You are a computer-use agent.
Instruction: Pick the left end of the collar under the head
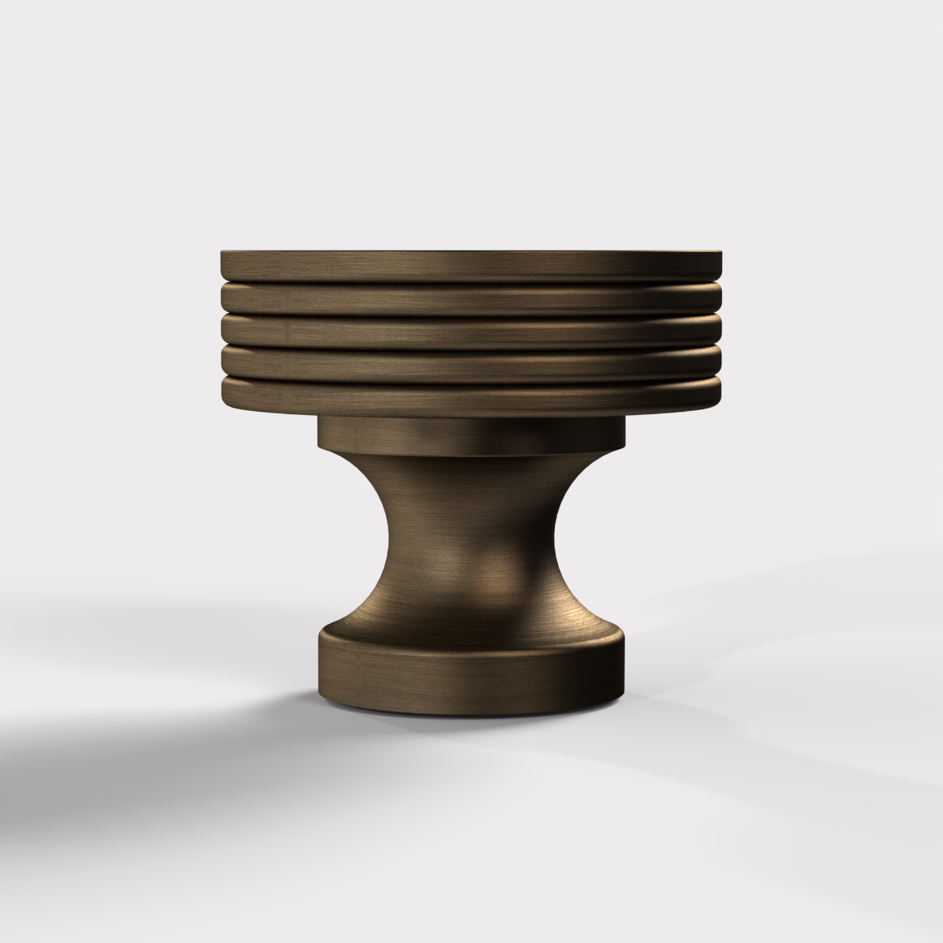(x=321, y=435)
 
